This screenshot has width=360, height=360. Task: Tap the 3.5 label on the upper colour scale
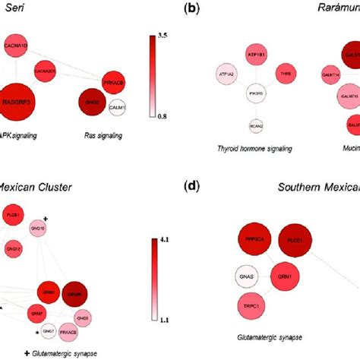(163, 35)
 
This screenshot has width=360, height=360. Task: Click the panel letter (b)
(194, 8)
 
